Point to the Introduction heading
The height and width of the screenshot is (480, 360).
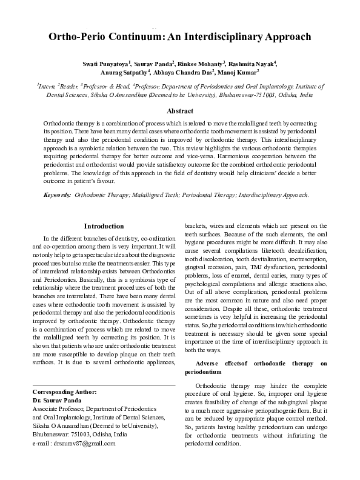click(x=103, y=226)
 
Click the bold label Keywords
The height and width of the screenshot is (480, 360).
click(x=57, y=195)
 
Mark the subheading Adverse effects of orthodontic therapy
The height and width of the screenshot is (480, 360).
click(x=255, y=363)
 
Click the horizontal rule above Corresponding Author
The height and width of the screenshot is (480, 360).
click(x=103, y=385)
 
